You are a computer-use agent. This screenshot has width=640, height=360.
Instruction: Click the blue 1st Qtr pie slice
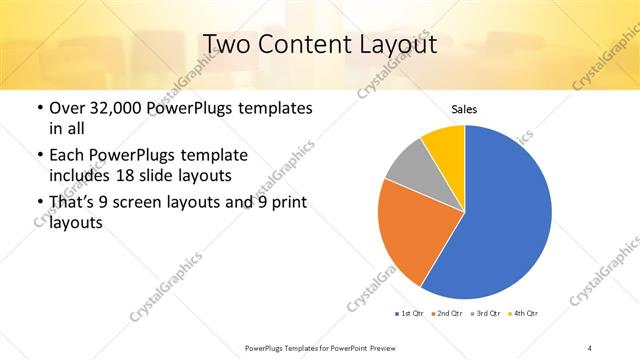(500, 215)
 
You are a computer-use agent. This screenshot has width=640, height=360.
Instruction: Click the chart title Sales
(464, 109)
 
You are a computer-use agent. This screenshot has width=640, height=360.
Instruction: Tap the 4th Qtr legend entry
(524, 314)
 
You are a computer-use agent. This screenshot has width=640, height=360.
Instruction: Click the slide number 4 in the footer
(589, 347)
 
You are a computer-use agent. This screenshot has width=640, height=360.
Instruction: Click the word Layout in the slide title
(394, 44)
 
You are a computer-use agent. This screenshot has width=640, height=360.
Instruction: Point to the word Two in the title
(226, 44)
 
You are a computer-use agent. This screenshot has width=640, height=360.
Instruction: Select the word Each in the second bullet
(67, 156)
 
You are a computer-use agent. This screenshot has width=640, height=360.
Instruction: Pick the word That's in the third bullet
(75, 203)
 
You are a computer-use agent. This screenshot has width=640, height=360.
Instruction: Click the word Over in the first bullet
(67, 106)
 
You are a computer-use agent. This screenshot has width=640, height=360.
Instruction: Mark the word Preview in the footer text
(385, 347)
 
